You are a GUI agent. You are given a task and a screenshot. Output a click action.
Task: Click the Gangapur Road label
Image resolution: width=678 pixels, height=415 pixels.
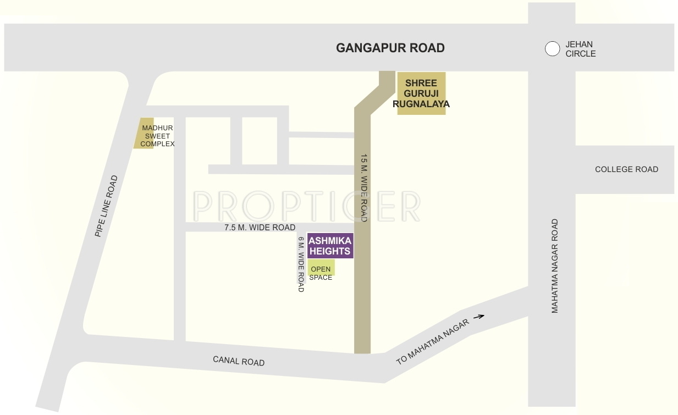pyautogui.click(x=390, y=48)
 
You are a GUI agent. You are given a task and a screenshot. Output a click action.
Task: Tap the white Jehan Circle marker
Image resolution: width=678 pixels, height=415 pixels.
pyautogui.click(x=552, y=49)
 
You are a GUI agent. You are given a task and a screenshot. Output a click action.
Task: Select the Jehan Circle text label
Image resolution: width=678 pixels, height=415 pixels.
pyautogui.click(x=580, y=49)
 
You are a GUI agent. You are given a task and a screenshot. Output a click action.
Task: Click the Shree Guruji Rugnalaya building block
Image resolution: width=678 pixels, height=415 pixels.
pyautogui.click(x=421, y=93)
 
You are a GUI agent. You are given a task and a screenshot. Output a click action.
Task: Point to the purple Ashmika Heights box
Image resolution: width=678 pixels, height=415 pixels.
pyautogui.click(x=330, y=246)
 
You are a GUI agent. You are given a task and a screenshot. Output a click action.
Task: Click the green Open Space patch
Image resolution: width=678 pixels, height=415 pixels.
pyautogui.click(x=321, y=268)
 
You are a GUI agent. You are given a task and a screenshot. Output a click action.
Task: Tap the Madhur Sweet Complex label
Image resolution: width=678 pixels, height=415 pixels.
pyautogui.click(x=157, y=136)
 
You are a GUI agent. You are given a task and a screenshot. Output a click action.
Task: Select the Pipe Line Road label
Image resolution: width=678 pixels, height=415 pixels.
pyautogui.click(x=106, y=206)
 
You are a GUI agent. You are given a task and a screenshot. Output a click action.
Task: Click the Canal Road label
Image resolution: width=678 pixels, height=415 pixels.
pyautogui.click(x=239, y=361)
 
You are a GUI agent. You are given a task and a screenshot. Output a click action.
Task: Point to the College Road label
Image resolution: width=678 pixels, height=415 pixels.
pyautogui.click(x=626, y=169)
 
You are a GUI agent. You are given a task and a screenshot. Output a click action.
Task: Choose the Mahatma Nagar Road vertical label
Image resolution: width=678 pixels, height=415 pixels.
pyautogui.click(x=555, y=266)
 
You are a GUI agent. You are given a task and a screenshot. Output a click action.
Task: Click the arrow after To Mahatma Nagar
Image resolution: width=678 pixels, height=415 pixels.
pyautogui.click(x=479, y=316)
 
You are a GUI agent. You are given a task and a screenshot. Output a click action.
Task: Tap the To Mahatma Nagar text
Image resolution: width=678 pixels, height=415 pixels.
pyautogui.click(x=433, y=342)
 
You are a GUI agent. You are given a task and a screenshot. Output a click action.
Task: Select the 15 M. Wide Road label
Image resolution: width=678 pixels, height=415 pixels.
pyautogui.click(x=363, y=188)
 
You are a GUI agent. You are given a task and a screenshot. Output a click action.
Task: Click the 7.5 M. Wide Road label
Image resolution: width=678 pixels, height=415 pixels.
pyautogui.click(x=260, y=228)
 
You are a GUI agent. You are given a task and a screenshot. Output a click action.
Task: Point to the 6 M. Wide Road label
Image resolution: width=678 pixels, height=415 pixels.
pyautogui.click(x=301, y=264)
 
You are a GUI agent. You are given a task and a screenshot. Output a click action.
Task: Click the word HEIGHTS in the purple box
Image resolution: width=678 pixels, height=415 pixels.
pyautogui.click(x=330, y=251)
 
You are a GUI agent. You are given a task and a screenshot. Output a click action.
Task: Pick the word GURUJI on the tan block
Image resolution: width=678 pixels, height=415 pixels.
pyautogui.click(x=421, y=93)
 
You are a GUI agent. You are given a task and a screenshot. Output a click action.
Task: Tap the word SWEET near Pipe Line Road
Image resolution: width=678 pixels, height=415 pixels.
pyautogui.click(x=158, y=136)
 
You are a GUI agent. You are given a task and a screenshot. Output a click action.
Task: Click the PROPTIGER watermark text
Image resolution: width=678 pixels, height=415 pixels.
pyautogui.click(x=307, y=206)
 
